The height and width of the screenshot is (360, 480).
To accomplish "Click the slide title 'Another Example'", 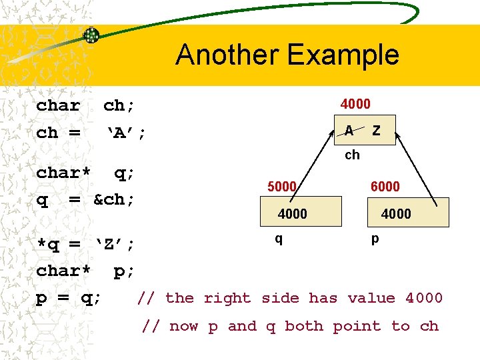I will [287, 55].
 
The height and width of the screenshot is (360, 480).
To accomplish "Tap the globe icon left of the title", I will [91, 35].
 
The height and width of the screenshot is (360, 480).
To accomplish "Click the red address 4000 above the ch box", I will [355, 104].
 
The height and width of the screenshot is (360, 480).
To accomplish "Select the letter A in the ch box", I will [349, 131].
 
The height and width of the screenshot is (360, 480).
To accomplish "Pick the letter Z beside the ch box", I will [377, 131].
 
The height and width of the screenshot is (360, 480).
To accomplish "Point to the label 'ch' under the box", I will [352, 155].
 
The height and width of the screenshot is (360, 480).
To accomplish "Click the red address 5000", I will [282, 187].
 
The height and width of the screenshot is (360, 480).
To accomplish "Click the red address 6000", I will [385, 187].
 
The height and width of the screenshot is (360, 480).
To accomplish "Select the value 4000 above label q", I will [293, 214].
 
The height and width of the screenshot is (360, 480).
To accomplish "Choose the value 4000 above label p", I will [396, 214].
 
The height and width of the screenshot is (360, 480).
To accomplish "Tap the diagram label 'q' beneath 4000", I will [279, 238].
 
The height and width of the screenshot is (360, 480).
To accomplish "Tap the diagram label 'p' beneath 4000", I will [375, 238].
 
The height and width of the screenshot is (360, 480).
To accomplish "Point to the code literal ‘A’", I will [119, 133].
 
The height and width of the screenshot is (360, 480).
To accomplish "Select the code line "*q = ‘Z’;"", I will [85, 244].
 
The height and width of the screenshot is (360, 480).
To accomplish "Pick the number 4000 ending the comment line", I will [424, 298].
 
